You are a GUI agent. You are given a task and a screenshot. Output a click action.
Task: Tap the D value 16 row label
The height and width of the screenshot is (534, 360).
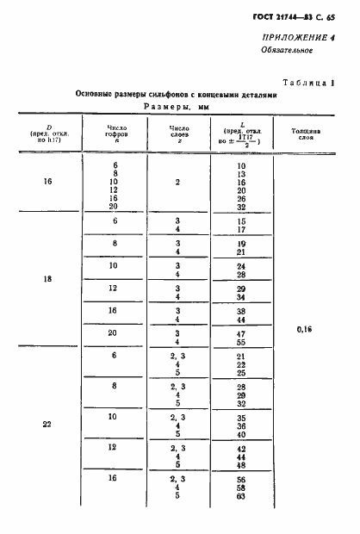(x=47, y=183)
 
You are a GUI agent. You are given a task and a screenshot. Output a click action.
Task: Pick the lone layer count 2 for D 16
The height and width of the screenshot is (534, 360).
(x=177, y=183)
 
